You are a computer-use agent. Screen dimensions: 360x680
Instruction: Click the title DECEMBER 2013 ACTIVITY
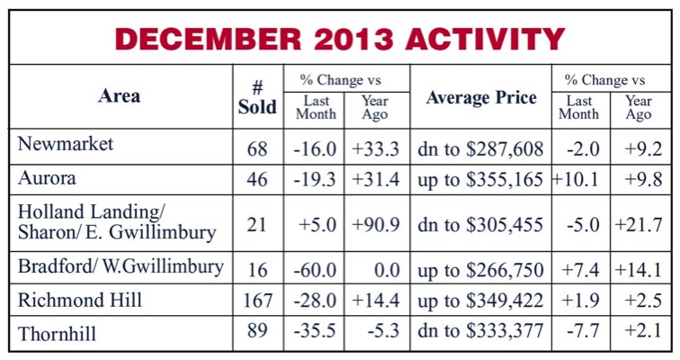click(x=340, y=39)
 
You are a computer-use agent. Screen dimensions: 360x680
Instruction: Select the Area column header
click(x=119, y=95)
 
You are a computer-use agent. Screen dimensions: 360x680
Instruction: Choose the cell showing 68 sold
click(x=256, y=147)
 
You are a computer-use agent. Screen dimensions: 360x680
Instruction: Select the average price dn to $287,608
click(x=480, y=147)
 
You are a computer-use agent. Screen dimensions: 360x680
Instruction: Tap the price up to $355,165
click(x=480, y=180)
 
